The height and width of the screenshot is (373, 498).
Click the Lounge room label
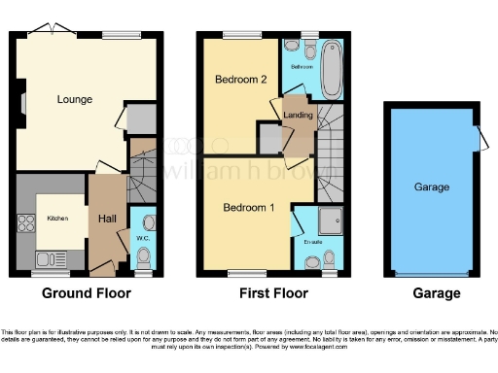74,100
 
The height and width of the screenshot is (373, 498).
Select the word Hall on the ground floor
107,220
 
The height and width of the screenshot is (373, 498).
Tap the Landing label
297,117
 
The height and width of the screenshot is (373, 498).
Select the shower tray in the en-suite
336,221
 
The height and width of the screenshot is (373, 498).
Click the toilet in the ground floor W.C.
144,257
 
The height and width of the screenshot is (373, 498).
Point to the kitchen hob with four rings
24,223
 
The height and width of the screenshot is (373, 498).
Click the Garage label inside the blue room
431,186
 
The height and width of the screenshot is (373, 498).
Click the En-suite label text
312,240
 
